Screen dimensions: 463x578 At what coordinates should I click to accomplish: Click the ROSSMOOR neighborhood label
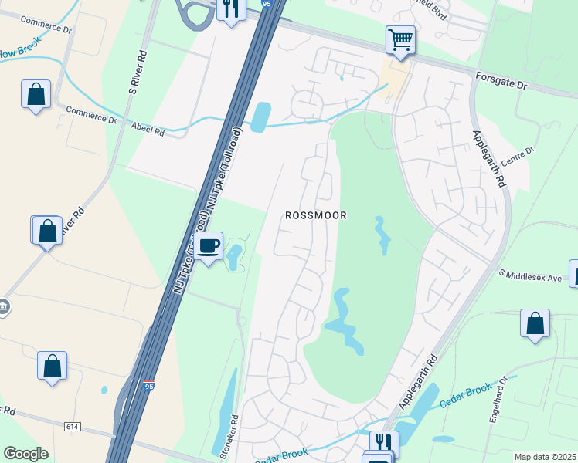click(x=316, y=216)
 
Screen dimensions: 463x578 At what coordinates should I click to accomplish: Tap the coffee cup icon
click(x=209, y=246)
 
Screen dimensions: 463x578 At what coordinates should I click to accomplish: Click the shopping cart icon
click(x=399, y=39)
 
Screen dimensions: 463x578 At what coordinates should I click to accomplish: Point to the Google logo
click(x=25, y=454)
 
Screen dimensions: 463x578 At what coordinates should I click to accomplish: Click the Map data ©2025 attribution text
click(x=545, y=457)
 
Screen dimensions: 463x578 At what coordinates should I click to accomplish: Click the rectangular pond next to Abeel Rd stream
click(x=261, y=117)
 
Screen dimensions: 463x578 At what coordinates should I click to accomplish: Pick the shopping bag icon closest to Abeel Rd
click(x=36, y=95)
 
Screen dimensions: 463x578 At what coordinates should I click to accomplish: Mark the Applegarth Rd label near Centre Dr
click(x=490, y=159)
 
